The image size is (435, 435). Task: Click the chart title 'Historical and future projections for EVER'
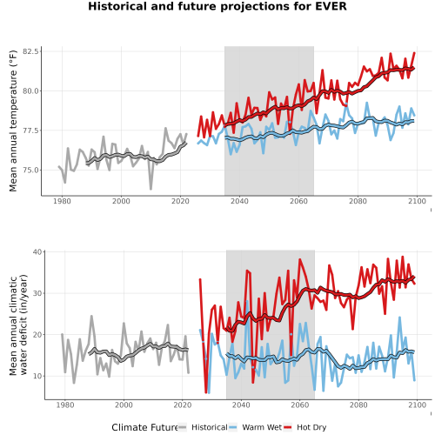pos(217,6)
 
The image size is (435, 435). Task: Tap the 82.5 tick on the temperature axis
pos(30,51)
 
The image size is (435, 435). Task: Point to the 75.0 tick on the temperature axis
pos(30,171)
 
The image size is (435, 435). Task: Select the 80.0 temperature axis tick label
pos(30,91)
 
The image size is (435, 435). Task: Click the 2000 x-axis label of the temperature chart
pos(121,201)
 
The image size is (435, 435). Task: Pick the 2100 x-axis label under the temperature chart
pos(417,201)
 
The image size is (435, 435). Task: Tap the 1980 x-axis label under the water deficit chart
pos(65,405)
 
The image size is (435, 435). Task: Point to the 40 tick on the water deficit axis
pos(37,251)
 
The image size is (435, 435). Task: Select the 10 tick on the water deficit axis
pos(37,376)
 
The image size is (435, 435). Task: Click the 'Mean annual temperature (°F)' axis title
pos(13,121)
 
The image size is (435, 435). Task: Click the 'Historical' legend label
pos(210,427)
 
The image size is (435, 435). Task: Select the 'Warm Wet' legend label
pos(262,427)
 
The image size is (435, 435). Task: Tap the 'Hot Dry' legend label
pos(311,427)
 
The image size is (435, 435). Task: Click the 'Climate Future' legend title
pos(144,427)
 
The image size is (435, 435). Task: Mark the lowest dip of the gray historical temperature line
pos(151,189)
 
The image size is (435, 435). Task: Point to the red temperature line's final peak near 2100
pos(414,53)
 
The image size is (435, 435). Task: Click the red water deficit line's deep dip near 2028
pos(206,392)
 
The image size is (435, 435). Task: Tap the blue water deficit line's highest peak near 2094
pos(399,318)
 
